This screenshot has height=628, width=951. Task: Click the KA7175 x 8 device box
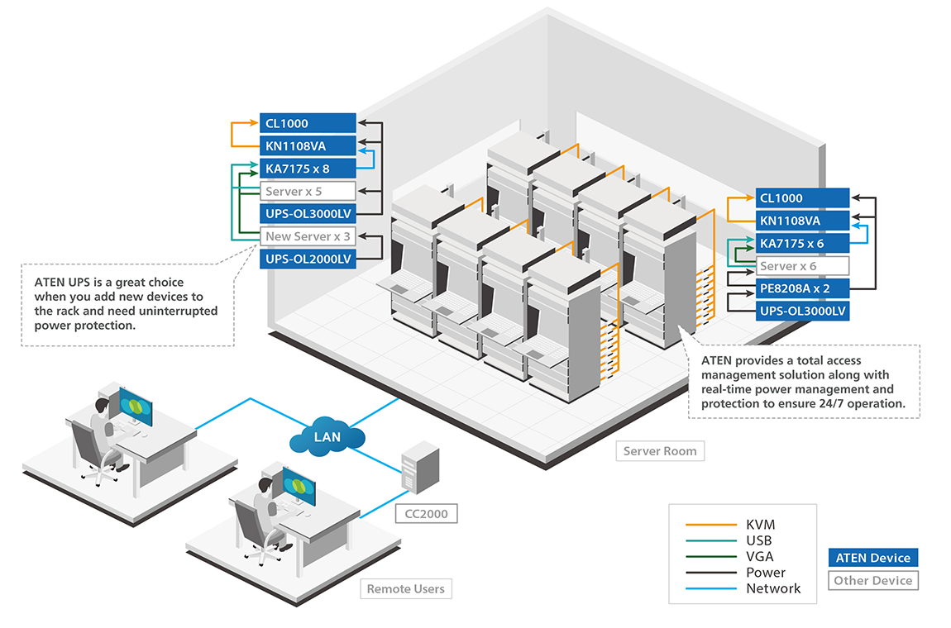(x=308, y=169)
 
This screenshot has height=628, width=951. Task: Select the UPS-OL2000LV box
(x=308, y=259)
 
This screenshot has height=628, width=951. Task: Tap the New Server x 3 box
(x=308, y=236)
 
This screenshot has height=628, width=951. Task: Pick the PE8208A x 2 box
(x=802, y=289)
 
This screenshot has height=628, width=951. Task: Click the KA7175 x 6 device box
(x=802, y=244)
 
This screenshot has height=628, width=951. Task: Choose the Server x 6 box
(x=802, y=266)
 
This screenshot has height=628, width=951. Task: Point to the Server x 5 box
(x=308, y=191)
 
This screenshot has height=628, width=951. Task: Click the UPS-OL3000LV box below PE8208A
(x=802, y=312)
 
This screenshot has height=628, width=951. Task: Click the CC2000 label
(x=426, y=514)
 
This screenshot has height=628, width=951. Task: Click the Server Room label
(x=660, y=451)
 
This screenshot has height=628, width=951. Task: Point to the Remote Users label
(x=405, y=589)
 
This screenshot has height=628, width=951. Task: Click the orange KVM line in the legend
(x=710, y=525)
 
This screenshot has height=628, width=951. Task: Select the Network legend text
(x=773, y=588)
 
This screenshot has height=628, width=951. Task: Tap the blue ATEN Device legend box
(x=872, y=558)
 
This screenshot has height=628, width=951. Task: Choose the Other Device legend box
(x=872, y=580)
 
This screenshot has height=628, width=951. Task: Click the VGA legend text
(x=759, y=557)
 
